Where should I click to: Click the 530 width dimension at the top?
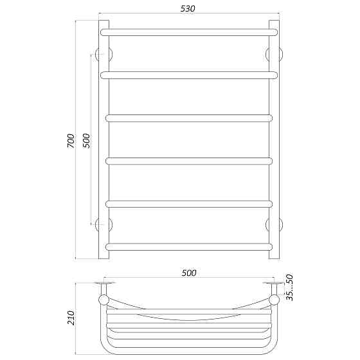188,9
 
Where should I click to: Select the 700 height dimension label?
71,141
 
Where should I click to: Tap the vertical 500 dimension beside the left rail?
86,141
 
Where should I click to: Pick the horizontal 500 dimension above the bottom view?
189,273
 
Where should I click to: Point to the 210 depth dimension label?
71,318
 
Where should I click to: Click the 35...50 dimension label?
290,287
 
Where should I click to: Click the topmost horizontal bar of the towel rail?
189,32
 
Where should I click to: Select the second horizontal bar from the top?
189,75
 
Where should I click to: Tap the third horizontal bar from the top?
189,118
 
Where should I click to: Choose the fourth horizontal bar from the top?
189,161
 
